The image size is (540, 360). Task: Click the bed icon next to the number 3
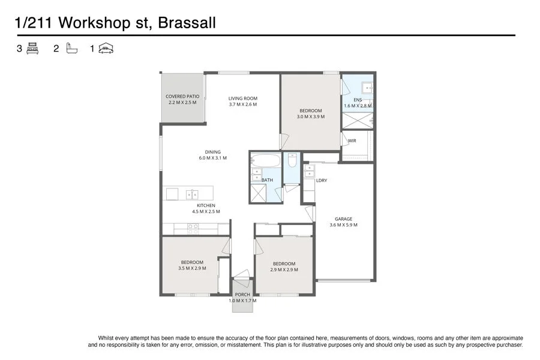32,49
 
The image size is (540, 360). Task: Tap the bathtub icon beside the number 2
71,49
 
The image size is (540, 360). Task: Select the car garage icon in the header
107,49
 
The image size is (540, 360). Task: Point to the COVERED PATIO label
182,96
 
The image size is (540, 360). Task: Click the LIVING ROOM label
242,98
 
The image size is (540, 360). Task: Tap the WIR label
352,142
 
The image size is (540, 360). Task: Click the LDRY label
321,180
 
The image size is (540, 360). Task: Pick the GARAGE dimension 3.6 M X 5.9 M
343,225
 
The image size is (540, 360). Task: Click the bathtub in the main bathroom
265,161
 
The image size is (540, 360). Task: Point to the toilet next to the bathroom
292,161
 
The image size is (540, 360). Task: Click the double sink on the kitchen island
193,194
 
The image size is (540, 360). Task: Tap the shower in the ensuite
356,121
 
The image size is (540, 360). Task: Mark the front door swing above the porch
242,275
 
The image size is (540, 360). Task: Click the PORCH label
242,295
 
